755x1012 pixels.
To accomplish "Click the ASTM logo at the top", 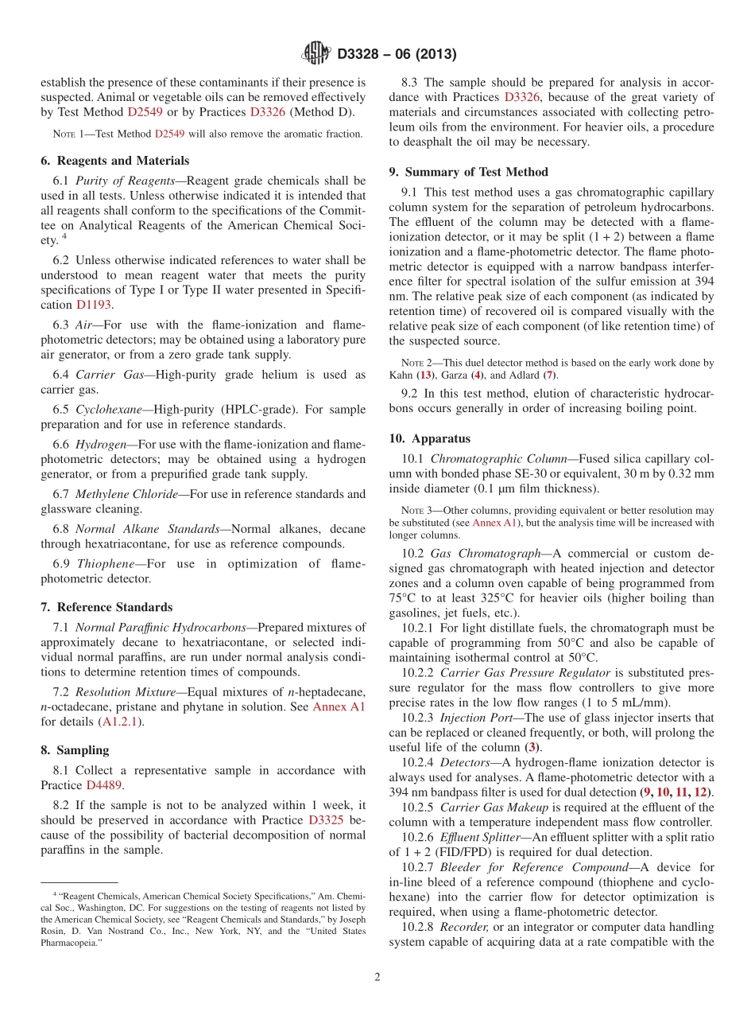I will coord(316,54).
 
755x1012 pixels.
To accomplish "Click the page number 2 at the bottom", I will coord(377,977).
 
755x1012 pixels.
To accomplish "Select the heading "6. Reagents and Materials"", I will coord(114,161).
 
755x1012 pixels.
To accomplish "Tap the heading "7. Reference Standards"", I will coord(106,607).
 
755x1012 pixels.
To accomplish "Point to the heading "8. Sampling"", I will coord(75,750).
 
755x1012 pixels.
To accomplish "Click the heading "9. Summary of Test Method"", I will coord(468,172).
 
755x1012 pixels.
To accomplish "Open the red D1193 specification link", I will coord(94,305).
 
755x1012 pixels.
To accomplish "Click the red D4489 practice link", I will coord(104,785).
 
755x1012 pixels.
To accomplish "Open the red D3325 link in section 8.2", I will coord(325,819).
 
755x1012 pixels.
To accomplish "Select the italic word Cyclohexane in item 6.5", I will coord(106,410).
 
